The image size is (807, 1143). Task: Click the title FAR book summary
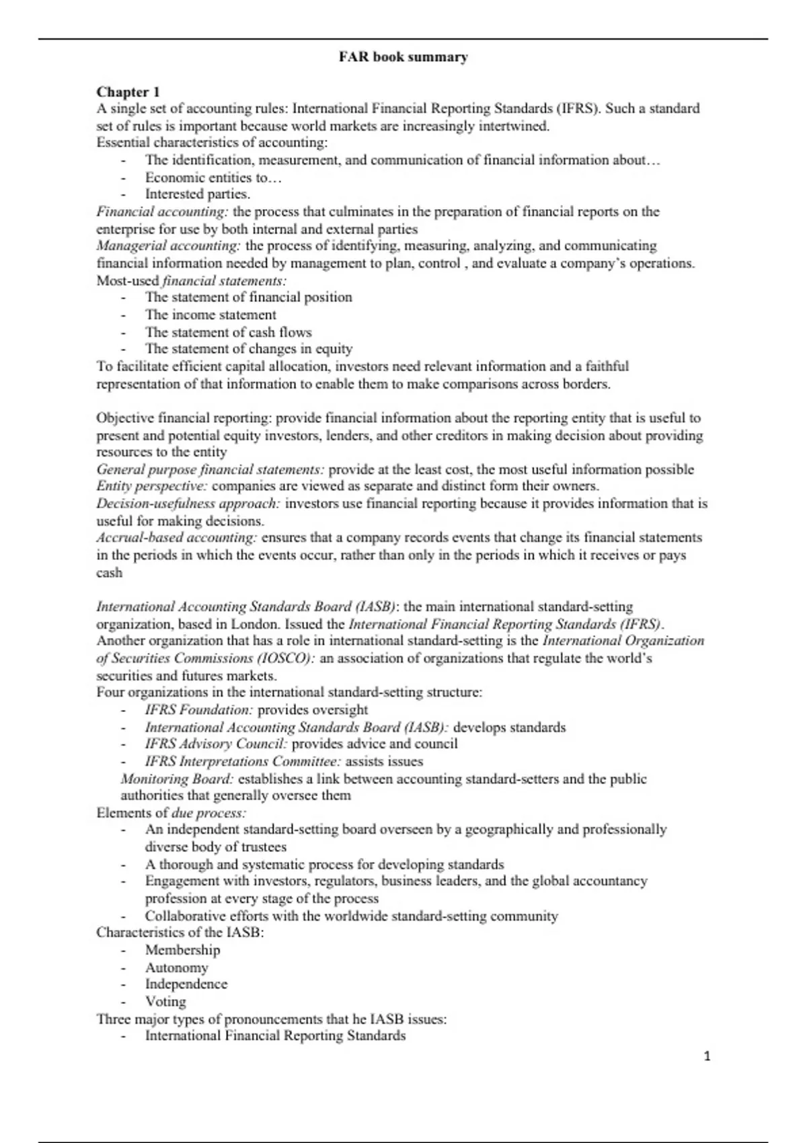(403, 57)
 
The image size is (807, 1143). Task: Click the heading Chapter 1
(128, 91)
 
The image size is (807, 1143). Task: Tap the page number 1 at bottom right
(707, 1056)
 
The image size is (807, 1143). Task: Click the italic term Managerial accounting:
(168, 246)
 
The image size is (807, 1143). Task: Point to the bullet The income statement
(210, 315)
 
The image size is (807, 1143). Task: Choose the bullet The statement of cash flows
(228, 332)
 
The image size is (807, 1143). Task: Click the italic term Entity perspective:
(151, 486)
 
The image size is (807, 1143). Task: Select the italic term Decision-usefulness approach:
(188, 504)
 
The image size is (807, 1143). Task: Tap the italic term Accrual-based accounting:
(176, 538)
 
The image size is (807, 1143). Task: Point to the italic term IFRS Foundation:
(199, 710)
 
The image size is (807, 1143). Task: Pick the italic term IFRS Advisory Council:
(216, 744)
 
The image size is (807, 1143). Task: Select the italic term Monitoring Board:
(177, 779)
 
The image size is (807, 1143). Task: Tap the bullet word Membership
(182, 950)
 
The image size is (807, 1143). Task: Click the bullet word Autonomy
(176, 968)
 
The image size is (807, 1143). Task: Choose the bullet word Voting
(165, 1002)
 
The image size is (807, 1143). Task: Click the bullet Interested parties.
(198, 194)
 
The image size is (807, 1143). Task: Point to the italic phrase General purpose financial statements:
(210, 469)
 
